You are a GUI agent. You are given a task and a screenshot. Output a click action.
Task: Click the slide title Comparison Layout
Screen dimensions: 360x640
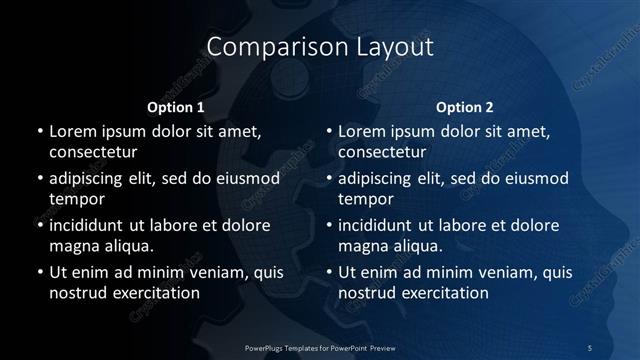(x=319, y=47)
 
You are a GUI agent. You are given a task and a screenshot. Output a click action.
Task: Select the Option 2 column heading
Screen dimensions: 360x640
(x=465, y=107)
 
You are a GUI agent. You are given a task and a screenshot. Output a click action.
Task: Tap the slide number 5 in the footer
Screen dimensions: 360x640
(x=590, y=347)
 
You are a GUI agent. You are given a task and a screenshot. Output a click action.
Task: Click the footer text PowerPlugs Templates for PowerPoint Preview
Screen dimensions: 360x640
(x=319, y=347)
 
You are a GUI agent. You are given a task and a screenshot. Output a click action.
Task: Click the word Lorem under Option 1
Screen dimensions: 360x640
(x=73, y=131)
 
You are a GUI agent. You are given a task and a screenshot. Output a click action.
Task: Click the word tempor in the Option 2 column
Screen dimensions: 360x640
(x=362, y=199)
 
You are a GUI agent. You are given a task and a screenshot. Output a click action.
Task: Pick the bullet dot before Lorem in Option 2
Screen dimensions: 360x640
(x=328, y=131)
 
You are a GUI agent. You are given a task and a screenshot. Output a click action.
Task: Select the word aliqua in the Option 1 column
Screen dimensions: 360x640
(x=129, y=245)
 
